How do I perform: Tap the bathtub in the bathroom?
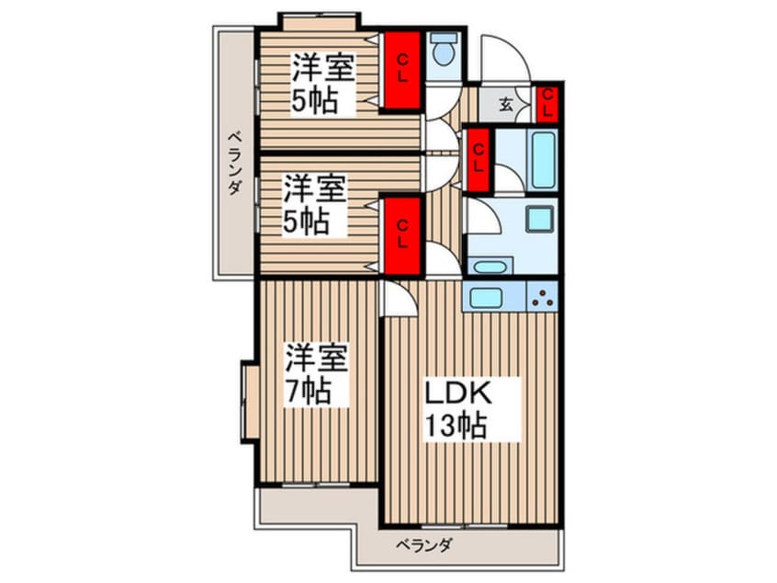pos(543,158)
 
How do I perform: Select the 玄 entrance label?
pos(506,103)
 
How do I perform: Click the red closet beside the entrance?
pos(546,102)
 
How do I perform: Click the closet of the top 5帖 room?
pos(401,69)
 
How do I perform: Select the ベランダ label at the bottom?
pos(423,546)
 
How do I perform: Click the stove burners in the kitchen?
pos(543,297)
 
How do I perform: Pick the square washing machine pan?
pos(537,220)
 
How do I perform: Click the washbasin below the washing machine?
pos(493,267)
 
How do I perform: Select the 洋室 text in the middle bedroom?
pos(313,190)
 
